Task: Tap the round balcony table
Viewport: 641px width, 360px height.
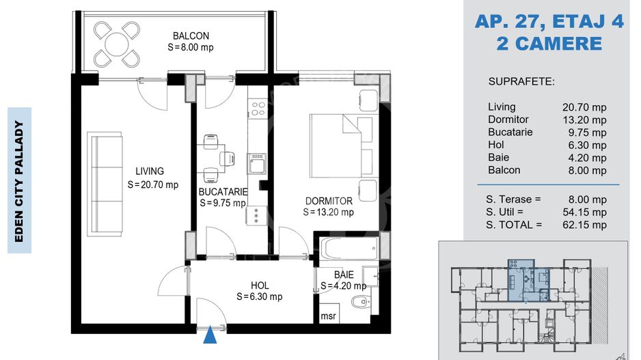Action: (x=116, y=44)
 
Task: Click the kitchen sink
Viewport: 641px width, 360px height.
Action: (x=257, y=164)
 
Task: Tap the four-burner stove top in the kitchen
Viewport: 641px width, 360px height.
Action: (x=258, y=109)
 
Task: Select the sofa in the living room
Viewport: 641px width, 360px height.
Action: (x=105, y=184)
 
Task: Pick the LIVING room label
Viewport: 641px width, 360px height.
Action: (x=150, y=171)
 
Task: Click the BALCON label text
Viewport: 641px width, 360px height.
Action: (x=191, y=36)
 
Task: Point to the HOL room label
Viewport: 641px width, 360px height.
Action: (x=260, y=286)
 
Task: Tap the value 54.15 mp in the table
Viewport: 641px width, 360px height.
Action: (x=584, y=212)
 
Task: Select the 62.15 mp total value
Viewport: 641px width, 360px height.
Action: (x=584, y=225)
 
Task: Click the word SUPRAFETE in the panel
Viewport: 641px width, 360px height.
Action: (x=521, y=82)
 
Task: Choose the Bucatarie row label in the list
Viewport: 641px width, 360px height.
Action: (x=510, y=132)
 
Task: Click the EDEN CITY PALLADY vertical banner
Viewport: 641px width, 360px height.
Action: (x=19, y=180)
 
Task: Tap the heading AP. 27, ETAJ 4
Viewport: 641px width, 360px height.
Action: (x=549, y=21)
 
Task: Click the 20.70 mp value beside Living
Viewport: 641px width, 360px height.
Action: (x=584, y=107)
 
